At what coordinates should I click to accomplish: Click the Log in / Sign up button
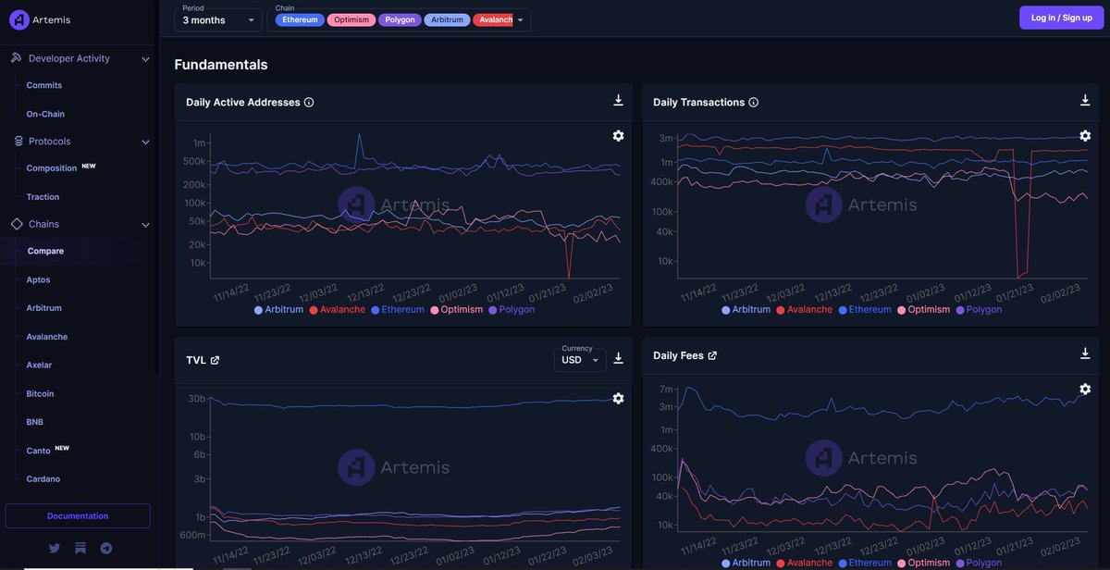[1061, 18]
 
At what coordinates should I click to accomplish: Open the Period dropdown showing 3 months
[217, 19]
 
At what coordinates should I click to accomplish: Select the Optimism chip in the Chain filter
[351, 19]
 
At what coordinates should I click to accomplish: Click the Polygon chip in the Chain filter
[399, 19]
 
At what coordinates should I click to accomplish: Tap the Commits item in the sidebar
[44, 85]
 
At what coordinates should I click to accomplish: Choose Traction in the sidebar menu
[43, 197]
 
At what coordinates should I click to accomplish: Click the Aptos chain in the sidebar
[38, 279]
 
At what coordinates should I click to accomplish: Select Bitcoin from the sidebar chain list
[40, 393]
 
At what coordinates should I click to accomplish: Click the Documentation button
[78, 515]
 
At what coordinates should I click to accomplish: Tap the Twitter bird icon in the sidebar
[55, 548]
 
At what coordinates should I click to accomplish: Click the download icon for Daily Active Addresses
[618, 101]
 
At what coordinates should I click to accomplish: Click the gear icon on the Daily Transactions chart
[1085, 136]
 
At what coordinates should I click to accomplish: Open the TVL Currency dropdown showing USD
[579, 360]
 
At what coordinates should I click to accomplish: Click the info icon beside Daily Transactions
[754, 103]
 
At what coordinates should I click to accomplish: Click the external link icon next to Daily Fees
[712, 355]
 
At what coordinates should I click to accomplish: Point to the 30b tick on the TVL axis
[196, 399]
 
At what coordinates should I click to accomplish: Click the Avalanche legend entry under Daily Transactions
[804, 309]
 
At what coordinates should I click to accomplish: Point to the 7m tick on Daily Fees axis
[665, 389]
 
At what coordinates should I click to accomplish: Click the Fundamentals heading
[221, 65]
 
